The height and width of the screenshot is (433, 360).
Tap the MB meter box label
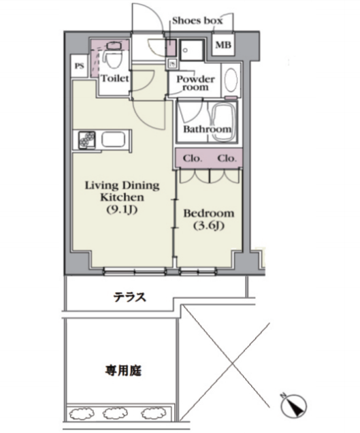pyautogui.click(x=223, y=45)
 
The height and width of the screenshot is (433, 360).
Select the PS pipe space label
pyautogui.click(x=80, y=66)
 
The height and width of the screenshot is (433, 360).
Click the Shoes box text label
pyautogui.click(x=197, y=20)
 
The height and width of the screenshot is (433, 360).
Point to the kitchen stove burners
pyautogui.click(x=87, y=140)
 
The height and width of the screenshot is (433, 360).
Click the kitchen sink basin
pyautogui.click(x=114, y=140)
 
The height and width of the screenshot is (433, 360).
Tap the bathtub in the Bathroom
pyautogui.click(x=223, y=123)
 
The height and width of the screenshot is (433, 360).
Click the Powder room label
pyautogui.click(x=195, y=83)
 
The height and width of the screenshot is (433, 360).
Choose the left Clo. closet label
pyautogui.click(x=192, y=159)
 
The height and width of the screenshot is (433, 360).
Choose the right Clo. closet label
pyautogui.click(x=227, y=159)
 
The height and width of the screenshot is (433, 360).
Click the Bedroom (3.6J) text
pyautogui.click(x=209, y=219)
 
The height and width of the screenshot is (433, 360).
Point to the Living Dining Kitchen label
pyautogui.click(x=122, y=197)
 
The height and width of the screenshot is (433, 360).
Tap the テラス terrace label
pyautogui.click(x=129, y=298)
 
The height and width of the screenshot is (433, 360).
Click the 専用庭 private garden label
pyautogui.click(x=123, y=371)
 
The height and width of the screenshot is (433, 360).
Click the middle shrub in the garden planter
pyautogui.click(x=112, y=414)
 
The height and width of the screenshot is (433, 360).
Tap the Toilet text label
pyautogui.click(x=115, y=78)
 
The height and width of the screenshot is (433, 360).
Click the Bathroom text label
pyautogui.click(x=207, y=129)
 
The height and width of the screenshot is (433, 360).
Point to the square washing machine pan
pyautogui.click(x=192, y=50)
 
